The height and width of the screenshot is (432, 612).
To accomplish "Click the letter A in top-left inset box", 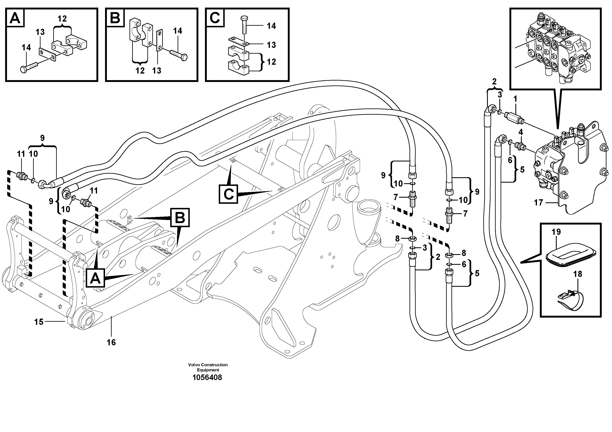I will click(x=15, y=18).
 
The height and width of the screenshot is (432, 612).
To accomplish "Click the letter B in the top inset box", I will click(x=115, y=18).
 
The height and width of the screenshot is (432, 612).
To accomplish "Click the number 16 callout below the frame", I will click(x=111, y=342).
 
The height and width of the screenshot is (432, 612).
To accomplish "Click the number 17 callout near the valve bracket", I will click(x=538, y=203).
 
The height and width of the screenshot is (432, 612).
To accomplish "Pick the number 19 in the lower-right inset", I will click(x=556, y=232).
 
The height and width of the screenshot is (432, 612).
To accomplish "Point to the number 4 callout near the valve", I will click(x=521, y=132).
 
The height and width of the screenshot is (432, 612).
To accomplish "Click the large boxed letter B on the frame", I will click(x=180, y=218).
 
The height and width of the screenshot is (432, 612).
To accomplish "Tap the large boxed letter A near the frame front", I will click(x=95, y=279).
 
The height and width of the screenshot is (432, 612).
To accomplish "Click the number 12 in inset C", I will click(x=271, y=62).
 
